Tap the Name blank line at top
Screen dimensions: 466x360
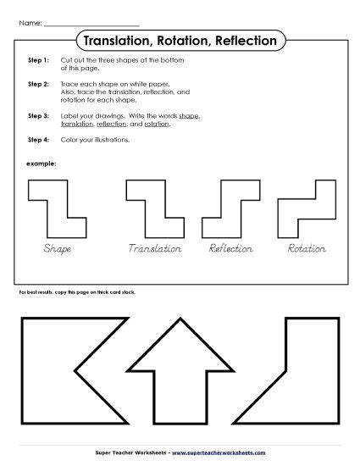(x=91, y=23)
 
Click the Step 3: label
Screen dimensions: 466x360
(x=38, y=114)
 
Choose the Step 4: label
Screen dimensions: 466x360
(x=38, y=139)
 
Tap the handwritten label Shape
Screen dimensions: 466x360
(x=57, y=249)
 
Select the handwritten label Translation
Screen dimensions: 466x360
(x=155, y=249)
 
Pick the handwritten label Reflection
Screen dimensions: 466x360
(x=231, y=249)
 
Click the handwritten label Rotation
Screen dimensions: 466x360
(x=306, y=249)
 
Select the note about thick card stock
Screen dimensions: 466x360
(x=76, y=291)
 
